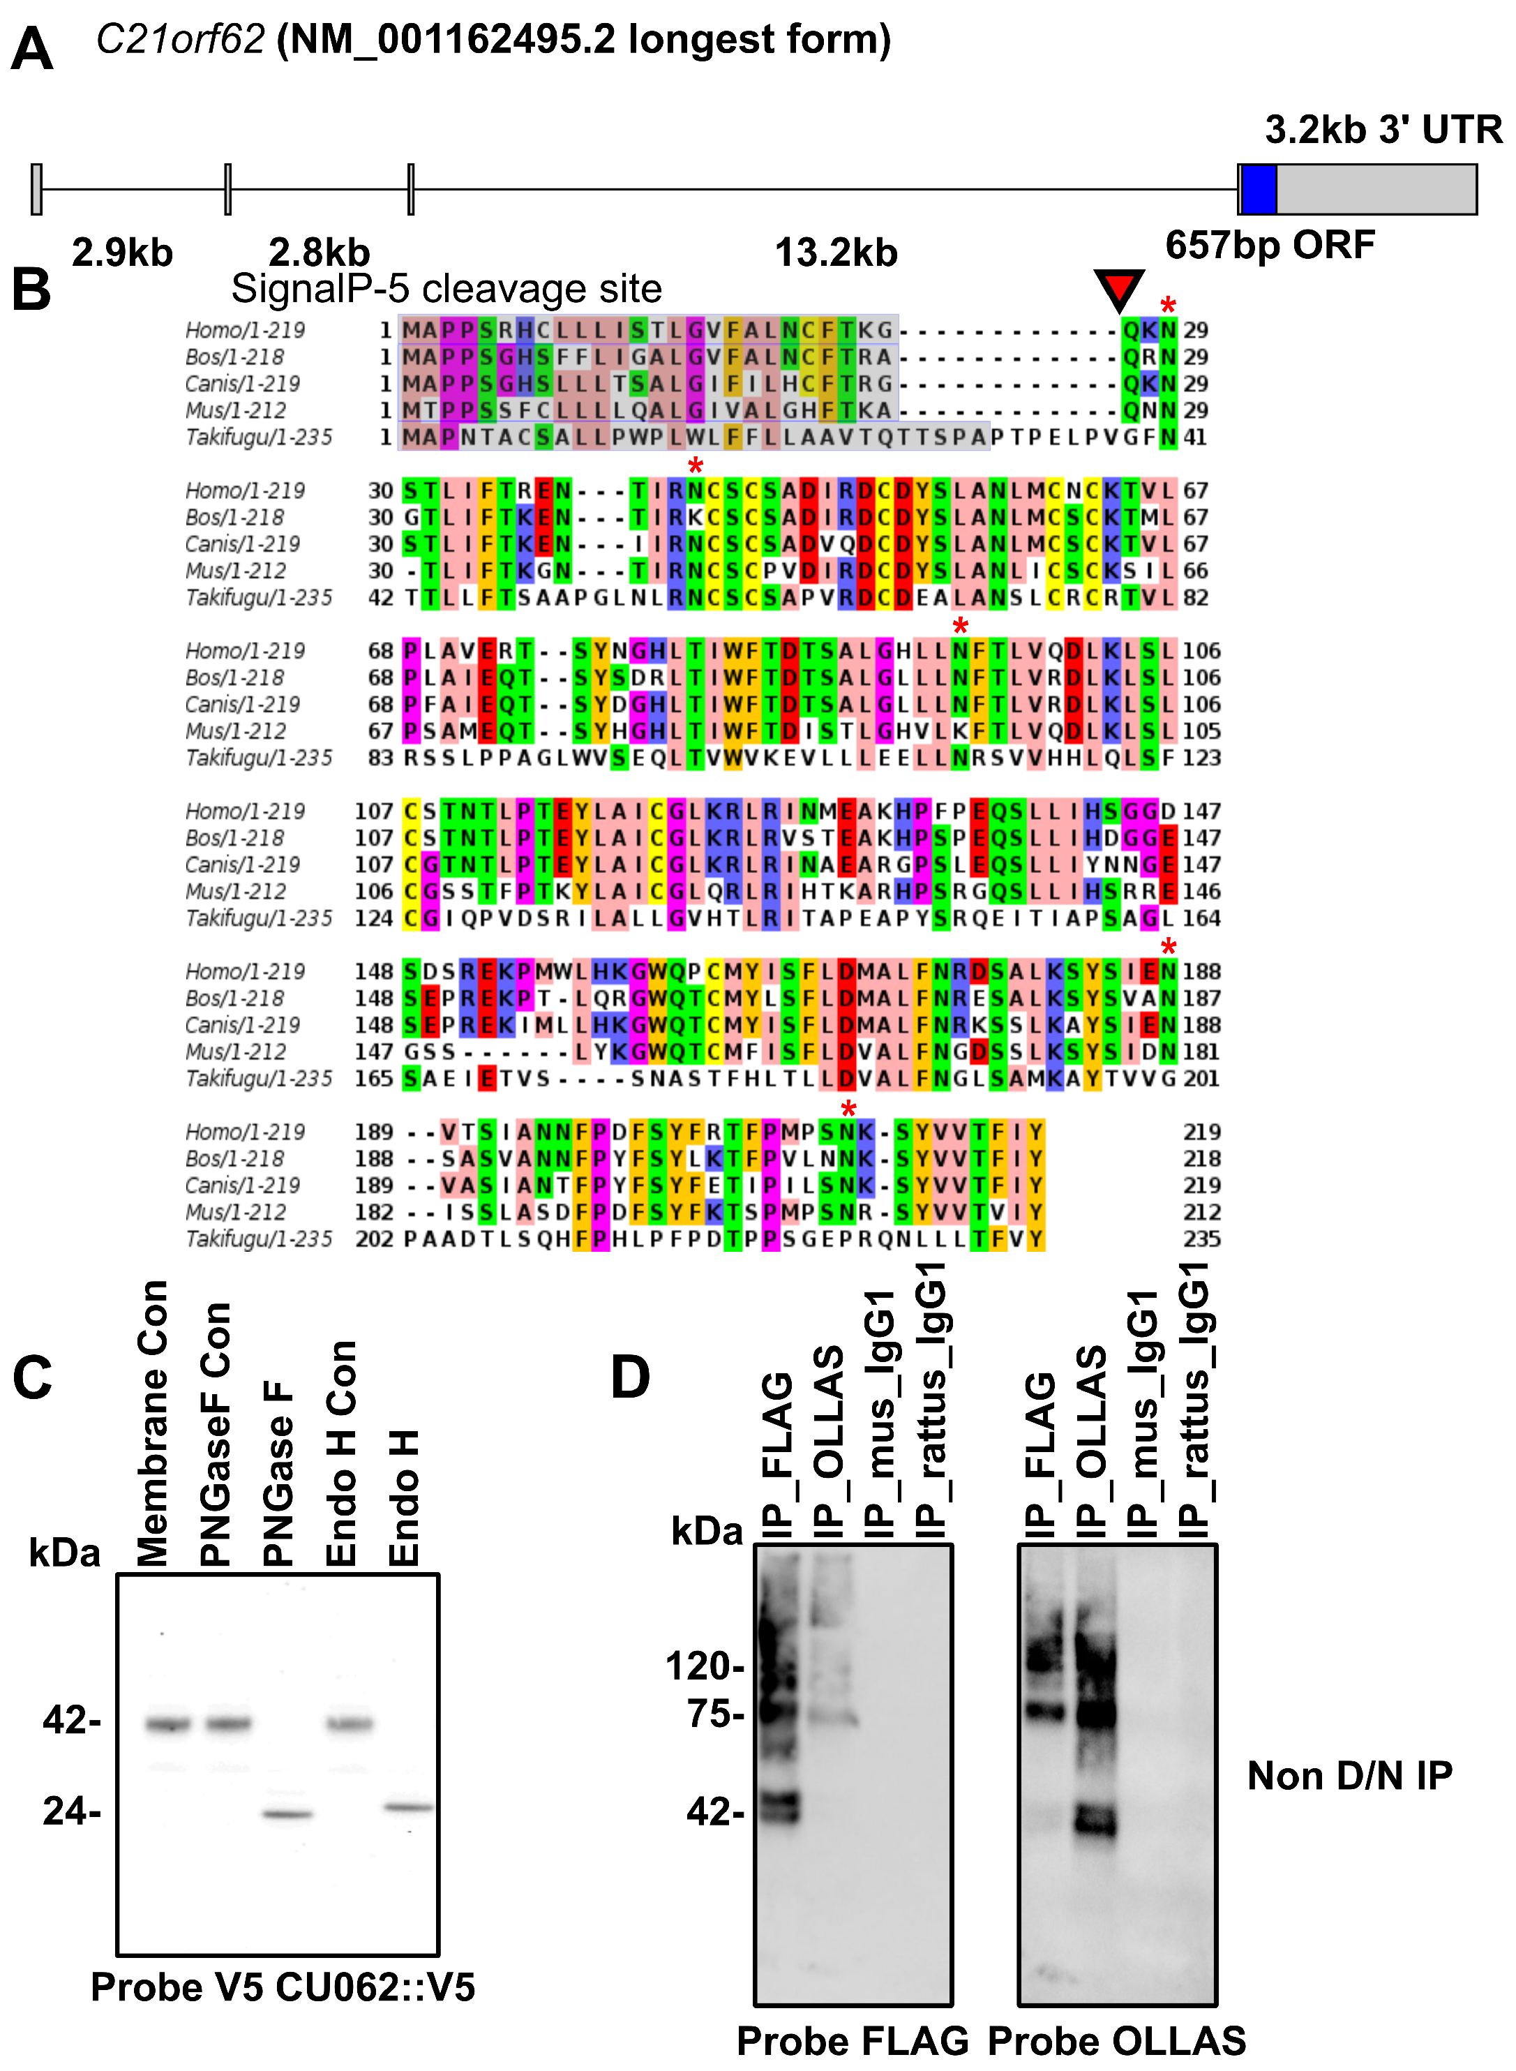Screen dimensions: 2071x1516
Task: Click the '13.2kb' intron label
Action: (835, 253)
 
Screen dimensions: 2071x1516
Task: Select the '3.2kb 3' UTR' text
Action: (1383, 129)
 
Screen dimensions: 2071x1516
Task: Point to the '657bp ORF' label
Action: (1270, 245)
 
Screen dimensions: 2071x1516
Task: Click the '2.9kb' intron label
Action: (122, 253)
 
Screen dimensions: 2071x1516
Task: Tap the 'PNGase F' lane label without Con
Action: (278, 1474)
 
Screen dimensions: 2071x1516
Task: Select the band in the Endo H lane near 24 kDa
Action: (408, 1808)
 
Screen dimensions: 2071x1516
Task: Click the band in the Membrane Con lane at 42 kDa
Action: (168, 1724)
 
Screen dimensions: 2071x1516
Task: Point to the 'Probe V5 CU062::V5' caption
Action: (283, 1987)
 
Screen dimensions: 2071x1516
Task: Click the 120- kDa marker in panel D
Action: (704, 1666)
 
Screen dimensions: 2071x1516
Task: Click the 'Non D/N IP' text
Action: (1349, 1776)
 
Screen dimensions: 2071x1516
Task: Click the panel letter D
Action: (631, 1377)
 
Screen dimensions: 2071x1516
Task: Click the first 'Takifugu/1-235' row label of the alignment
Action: (258, 437)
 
